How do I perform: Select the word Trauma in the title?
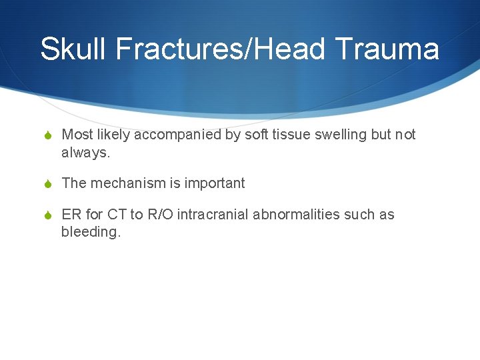pos(387,49)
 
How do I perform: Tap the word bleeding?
pos(91,232)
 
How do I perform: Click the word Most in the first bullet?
pos(77,135)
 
